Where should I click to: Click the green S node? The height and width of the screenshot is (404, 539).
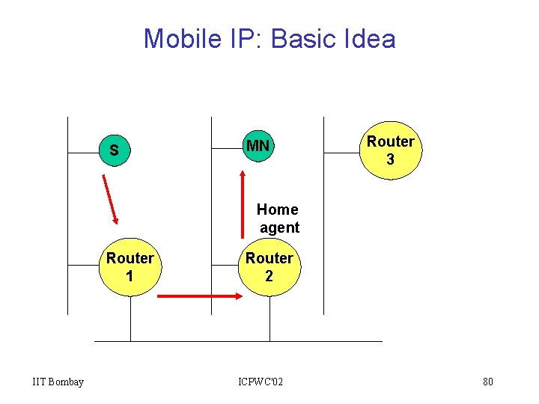click(114, 150)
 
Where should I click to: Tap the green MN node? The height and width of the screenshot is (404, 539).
click(258, 146)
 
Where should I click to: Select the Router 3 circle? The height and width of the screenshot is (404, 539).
click(390, 150)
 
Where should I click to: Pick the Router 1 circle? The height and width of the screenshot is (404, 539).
click(130, 267)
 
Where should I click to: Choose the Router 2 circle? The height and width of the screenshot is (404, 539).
click(269, 267)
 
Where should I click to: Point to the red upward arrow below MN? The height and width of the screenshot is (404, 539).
click(242, 203)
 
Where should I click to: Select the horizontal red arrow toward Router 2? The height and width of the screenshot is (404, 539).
click(199, 296)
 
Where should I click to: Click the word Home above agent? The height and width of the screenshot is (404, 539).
click(277, 209)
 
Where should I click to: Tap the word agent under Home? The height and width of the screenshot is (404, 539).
click(279, 227)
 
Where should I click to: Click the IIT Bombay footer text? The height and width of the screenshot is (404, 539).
click(58, 382)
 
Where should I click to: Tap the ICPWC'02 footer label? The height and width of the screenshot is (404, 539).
click(261, 382)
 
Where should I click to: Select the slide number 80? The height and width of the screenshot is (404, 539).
click(487, 382)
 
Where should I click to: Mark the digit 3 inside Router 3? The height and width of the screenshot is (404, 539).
click(390, 159)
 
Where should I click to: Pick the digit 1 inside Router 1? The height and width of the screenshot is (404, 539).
click(130, 276)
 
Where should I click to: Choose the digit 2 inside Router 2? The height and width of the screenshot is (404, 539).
click(269, 276)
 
